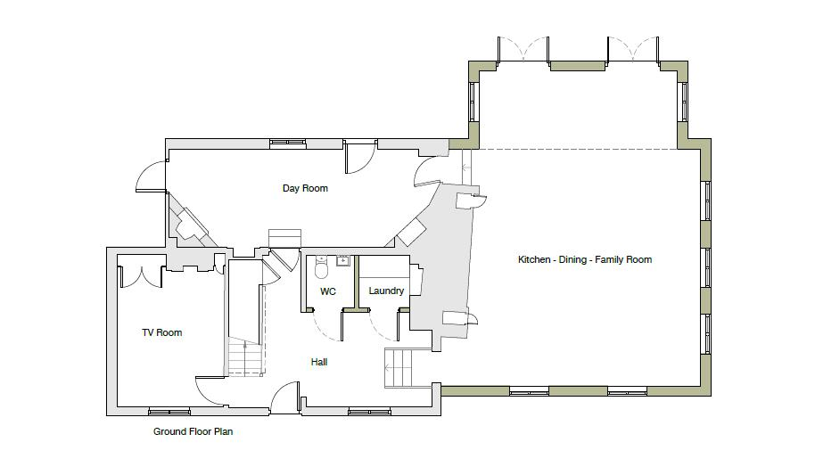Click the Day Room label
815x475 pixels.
click(x=305, y=188)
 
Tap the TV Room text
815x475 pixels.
click(x=161, y=332)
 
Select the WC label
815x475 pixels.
click(x=327, y=291)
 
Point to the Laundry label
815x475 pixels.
click(x=386, y=291)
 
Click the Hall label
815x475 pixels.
click(x=319, y=362)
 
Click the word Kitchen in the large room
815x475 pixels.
click(x=534, y=259)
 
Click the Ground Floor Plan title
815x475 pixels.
click(x=193, y=431)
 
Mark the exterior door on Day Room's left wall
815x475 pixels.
click(x=152, y=178)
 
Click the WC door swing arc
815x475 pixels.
click(x=326, y=325)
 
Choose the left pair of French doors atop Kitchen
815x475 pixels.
click(x=524, y=50)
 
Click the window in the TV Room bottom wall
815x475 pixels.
click(x=169, y=411)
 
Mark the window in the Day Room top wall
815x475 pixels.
click(x=287, y=143)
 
